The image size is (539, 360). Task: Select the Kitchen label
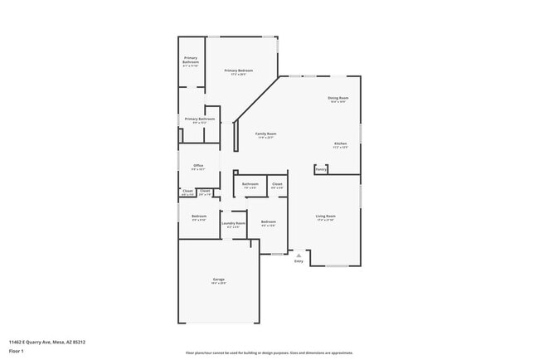click(x=340, y=144)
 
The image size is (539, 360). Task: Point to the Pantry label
click(x=320, y=169)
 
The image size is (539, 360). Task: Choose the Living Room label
click(x=325, y=216)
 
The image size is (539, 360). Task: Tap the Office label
click(x=198, y=166)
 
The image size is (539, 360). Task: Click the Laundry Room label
click(x=234, y=223)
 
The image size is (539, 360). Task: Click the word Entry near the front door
click(x=299, y=262)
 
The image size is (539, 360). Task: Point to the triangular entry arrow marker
click(x=299, y=255)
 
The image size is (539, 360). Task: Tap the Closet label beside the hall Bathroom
click(x=277, y=184)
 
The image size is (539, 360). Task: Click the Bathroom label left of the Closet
click(x=250, y=184)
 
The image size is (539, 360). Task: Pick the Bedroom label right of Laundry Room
click(x=268, y=221)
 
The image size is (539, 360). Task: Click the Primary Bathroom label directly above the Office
click(x=200, y=119)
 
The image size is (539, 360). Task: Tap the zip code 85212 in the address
click(x=79, y=341)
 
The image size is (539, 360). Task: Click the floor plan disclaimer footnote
click(x=269, y=352)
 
